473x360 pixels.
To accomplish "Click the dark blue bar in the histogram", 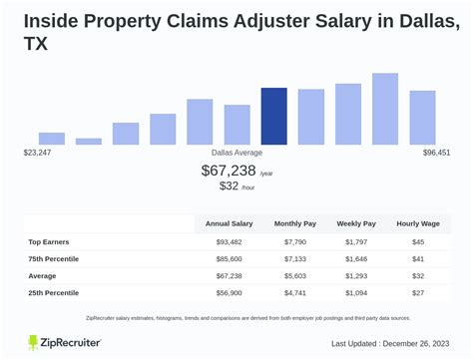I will pos(273,117).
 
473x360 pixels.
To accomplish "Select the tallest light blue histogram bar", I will pos(385,110).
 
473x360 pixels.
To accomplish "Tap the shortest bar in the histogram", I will pos(89,142).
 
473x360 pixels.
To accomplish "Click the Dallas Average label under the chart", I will pos(236,153).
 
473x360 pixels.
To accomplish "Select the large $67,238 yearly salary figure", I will pos(228,171).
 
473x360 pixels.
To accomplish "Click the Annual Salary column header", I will pos(230,223).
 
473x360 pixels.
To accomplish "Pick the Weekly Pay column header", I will pos(357,223).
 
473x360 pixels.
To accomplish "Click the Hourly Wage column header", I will pos(418,223).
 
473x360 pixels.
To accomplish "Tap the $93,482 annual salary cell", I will pos(230,241).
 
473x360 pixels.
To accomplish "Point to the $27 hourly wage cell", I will pos(418,293).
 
